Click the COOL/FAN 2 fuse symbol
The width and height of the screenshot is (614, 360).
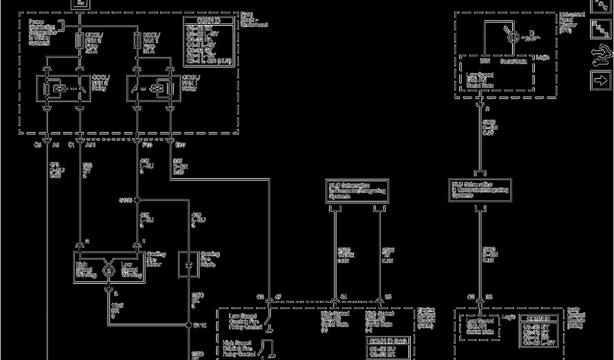pos(80,40)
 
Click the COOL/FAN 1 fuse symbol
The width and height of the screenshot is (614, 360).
pos(137,40)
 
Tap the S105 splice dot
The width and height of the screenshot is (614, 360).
pos(137,200)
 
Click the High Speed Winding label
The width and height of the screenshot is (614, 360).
pos(86,269)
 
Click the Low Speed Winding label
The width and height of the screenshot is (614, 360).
pos(131,269)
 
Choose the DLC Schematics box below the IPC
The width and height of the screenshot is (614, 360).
pos(480,190)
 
